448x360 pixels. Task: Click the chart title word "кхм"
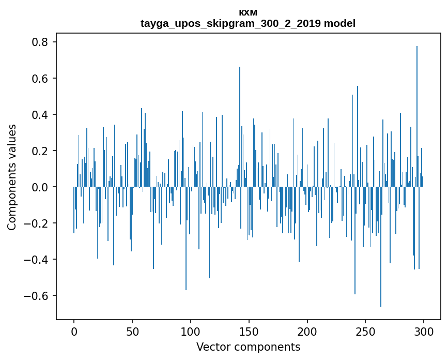pos(248,12)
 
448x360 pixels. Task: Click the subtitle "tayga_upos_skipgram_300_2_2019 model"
pos(248,23)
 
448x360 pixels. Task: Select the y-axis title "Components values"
pos(12,177)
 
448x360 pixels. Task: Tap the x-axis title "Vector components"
pos(248,347)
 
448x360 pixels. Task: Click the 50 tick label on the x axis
pos(132,331)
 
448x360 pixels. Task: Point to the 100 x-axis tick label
pos(191,331)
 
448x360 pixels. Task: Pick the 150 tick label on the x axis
pos(249,331)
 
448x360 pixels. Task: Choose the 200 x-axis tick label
pos(307,331)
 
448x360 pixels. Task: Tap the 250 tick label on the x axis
pos(366,331)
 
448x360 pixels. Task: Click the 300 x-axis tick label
pos(424,331)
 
